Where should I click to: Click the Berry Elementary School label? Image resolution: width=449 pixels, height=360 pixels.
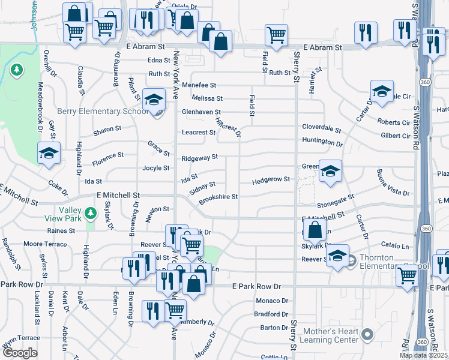pos(102,111)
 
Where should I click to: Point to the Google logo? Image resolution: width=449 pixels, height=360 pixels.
pos(20,353)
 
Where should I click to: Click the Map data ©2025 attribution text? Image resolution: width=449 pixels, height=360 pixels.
pos(423,355)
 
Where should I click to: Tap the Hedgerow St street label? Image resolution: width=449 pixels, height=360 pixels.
pos(271,180)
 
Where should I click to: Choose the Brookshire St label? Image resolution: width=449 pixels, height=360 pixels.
pos(218,197)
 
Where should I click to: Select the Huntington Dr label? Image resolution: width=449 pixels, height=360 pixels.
pos(322,142)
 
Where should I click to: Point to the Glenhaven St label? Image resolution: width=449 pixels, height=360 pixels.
pos(201,112)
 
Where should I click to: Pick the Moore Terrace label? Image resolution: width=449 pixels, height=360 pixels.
pos(45,244)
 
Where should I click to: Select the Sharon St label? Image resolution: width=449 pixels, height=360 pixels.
pos(107,129)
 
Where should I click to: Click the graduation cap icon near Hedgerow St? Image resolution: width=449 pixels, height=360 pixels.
pos(330,171)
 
